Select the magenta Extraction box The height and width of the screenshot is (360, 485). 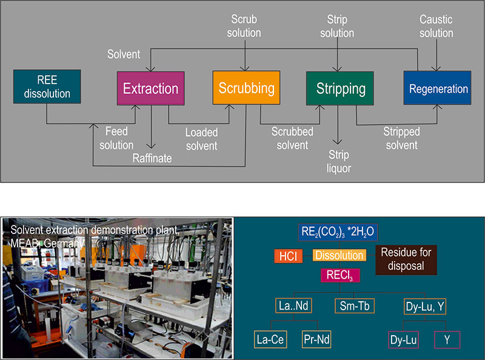click(150, 88)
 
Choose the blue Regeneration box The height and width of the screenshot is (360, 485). click(438, 89)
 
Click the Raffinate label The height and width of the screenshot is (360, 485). click(152, 158)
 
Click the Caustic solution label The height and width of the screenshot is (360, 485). click(436, 26)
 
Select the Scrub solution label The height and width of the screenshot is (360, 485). click(244, 26)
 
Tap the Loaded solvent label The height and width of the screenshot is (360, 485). click(201, 138)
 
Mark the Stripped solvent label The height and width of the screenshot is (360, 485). click(401, 138)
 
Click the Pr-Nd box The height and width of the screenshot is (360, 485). click(317, 338)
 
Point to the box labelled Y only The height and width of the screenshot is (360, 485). click(447, 338)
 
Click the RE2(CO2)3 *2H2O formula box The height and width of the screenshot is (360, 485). click(338, 233)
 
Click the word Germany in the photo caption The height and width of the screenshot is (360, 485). click(63, 242)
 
